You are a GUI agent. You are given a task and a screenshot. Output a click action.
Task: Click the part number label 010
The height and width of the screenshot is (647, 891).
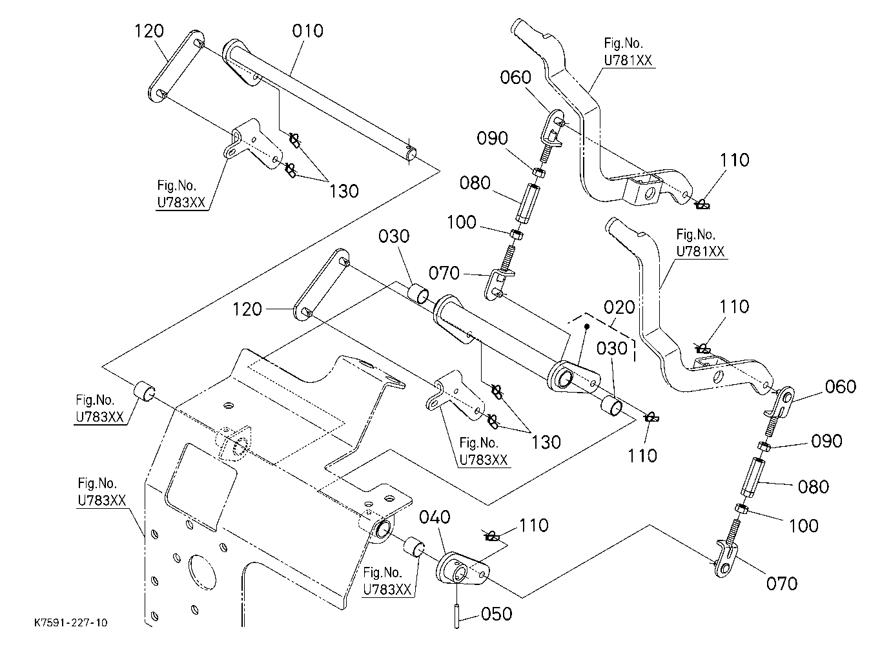pyautogui.click(x=307, y=31)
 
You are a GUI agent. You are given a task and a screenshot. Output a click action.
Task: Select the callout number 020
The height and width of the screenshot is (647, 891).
pyautogui.click(x=619, y=307)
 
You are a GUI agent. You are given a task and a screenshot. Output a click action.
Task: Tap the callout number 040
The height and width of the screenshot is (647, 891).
pyautogui.click(x=435, y=517)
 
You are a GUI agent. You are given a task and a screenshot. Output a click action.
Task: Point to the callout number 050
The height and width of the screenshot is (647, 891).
pyautogui.click(x=497, y=614)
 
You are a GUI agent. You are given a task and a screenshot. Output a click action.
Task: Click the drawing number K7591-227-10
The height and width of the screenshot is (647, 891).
pyautogui.click(x=71, y=622)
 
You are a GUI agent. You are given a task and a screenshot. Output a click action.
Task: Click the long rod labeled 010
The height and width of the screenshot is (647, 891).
pyautogui.click(x=318, y=99)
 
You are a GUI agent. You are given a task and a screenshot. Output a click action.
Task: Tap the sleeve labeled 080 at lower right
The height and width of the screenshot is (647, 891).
pyautogui.click(x=751, y=477)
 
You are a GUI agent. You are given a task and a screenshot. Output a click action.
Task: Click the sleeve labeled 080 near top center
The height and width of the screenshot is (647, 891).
pyautogui.click(x=528, y=201)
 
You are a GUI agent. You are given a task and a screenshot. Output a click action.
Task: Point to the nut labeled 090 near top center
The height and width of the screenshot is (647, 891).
pyautogui.click(x=539, y=172)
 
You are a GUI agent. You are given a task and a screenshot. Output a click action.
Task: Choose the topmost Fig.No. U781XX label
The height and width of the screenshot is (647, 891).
pyautogui.click(x=628, y=52)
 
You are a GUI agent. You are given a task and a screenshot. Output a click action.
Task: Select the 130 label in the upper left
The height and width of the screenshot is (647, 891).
pyautogui.click(x=344, y=191)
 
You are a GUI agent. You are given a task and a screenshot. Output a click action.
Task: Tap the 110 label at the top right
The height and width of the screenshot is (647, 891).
pyautogui.click(x=735, y=160)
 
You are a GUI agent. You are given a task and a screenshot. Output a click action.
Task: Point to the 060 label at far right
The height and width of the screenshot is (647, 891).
pyautogui.click(x=841, y=387)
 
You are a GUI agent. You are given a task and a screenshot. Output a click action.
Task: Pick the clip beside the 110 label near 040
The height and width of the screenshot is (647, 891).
pyautogui.click(x=492, y=537)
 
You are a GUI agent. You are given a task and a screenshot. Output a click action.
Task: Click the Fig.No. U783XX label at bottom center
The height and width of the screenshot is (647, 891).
pyautogui.click(x=387, y=581)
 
